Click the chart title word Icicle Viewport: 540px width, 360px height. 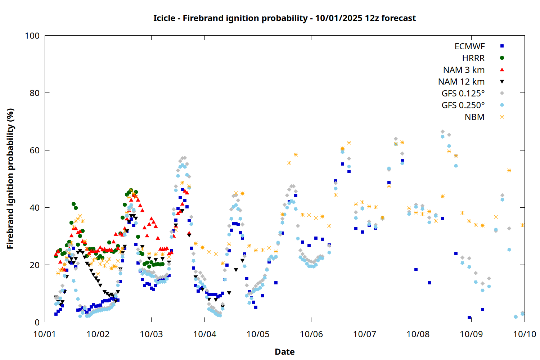coord(164,18)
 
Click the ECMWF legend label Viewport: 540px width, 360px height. coord(469,46)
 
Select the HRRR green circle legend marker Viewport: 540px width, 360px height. coord(502,58)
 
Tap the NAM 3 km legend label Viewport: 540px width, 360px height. coord(464,70)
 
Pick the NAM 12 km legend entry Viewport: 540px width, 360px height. coord(461,82)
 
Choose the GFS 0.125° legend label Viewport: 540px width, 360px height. coord(463,94)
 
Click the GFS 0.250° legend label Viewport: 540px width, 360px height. coord(463,105)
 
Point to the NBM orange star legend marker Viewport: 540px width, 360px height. coord(502,117)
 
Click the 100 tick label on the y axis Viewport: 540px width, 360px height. coord(32,36)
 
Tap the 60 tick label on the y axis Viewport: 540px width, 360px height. coord(35,150)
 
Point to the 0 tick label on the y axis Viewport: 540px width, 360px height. coord(37,322)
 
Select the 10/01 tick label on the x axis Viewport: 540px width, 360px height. coord(45,334)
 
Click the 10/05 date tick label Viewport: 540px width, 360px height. coord(258,334)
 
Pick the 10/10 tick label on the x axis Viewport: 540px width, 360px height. coord(525,334)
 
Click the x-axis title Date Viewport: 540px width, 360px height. coord(284,352)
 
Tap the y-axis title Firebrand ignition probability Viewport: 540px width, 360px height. coord(10,179)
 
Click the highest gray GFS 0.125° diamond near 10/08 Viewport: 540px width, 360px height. coord(442,132)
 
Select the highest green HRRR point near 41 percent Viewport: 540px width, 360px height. coord(74,204)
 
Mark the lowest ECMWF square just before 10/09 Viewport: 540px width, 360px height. coord(469,318)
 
